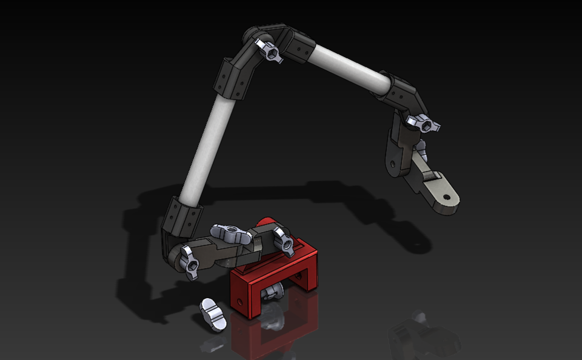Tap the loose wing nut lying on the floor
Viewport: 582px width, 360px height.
[212, 315]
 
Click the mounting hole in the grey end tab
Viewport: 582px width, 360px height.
[447, 197]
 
